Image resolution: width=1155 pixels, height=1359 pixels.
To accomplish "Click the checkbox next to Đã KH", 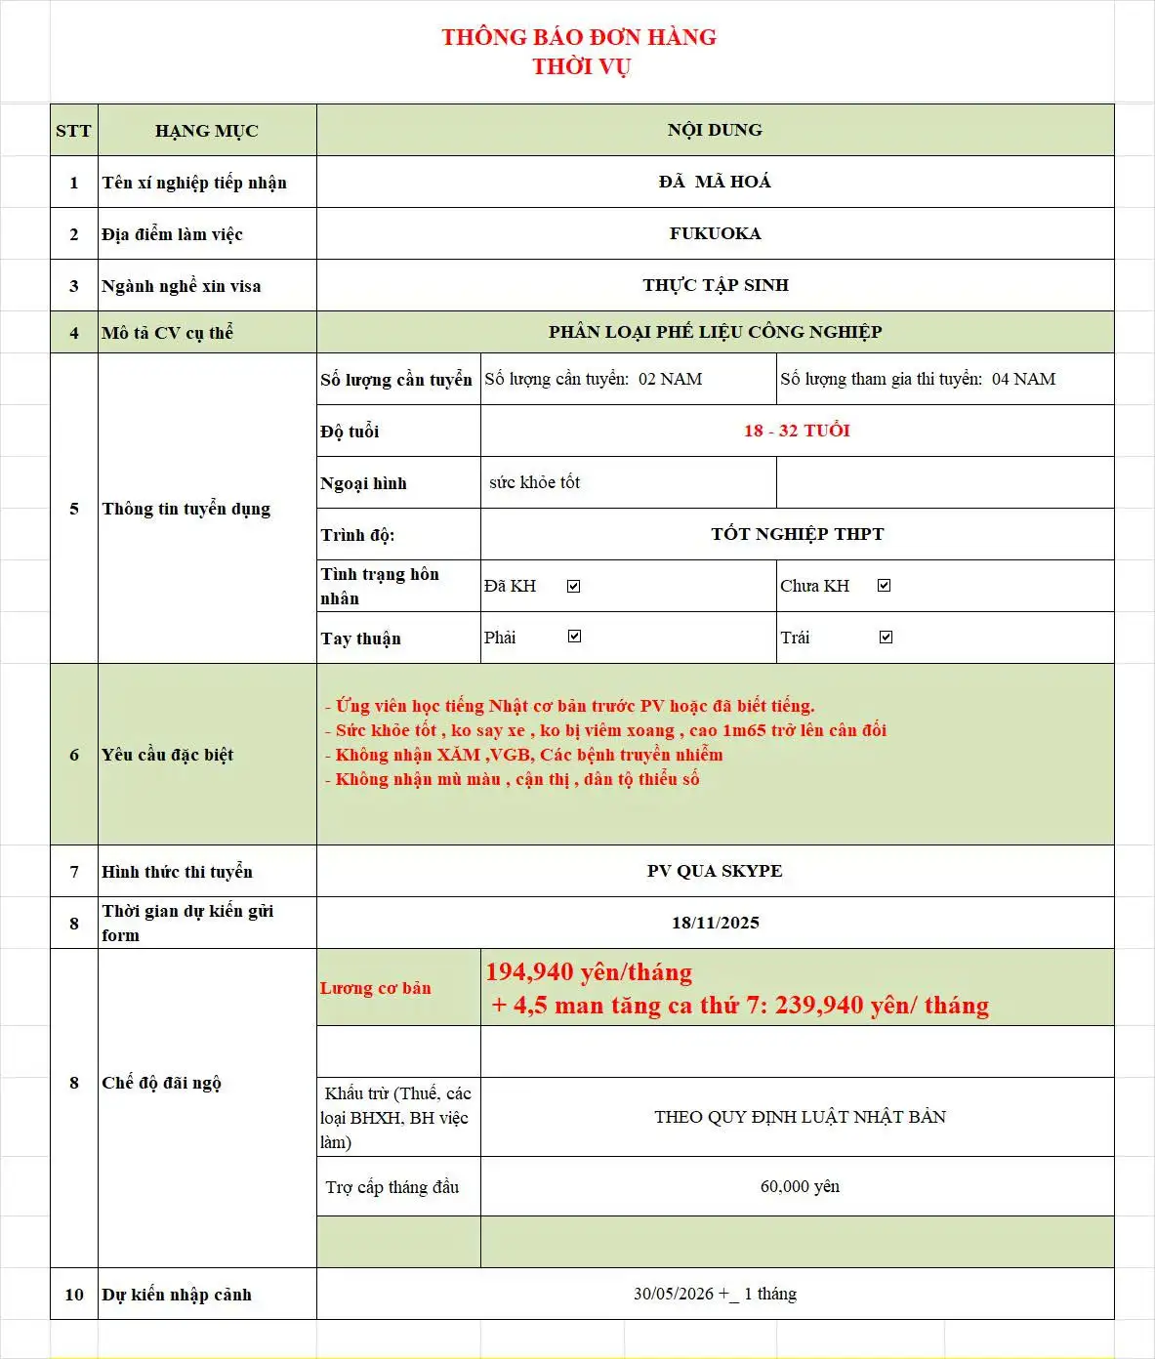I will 574,586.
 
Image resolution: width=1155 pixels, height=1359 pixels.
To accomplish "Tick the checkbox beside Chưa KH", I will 884,586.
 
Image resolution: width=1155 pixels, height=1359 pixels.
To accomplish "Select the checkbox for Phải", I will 574,637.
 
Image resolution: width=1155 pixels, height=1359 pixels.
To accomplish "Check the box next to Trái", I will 886,638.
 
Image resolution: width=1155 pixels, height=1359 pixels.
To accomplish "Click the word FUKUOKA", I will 715,233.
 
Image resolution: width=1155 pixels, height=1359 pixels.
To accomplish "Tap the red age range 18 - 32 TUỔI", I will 797,431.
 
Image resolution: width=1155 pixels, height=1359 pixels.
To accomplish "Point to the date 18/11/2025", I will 715,923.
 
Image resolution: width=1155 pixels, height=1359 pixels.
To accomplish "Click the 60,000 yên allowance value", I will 800,1186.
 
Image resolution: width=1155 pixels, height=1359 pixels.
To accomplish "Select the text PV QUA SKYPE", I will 715,871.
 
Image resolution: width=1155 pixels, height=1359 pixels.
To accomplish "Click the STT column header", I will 73,131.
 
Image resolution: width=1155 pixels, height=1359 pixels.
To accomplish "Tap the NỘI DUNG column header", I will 715,130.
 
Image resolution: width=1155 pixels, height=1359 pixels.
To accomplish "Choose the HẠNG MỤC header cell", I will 206,131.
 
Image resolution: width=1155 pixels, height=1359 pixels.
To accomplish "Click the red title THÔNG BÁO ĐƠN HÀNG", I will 579,37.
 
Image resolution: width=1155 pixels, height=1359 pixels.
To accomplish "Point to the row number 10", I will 74,1295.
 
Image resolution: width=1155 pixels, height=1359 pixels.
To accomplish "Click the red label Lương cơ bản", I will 376,988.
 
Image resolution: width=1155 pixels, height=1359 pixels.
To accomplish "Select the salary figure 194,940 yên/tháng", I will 589,972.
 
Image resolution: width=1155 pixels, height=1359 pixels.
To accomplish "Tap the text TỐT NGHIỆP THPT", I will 797,534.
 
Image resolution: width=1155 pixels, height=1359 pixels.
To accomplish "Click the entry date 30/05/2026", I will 674,1294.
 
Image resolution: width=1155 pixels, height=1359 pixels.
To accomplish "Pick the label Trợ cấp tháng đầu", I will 392,1187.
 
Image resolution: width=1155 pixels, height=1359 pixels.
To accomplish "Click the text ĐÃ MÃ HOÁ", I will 715,182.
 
